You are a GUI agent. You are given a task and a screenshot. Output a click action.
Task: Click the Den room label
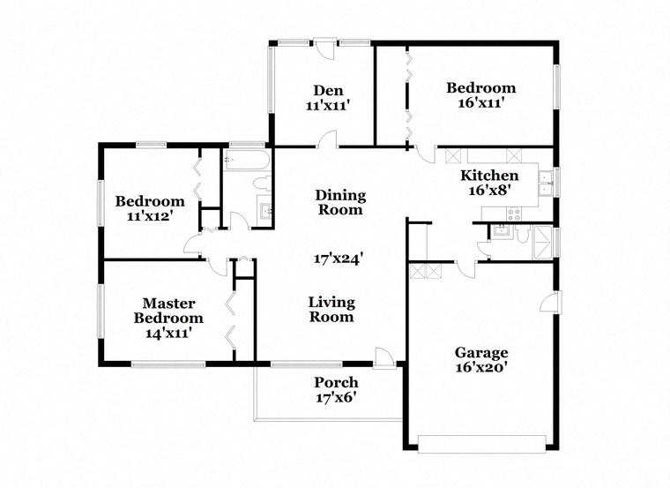pos(328,89)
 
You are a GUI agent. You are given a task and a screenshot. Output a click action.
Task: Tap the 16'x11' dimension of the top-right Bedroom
pos(480,102)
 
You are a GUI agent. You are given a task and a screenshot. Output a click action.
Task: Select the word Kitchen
pos(489,175)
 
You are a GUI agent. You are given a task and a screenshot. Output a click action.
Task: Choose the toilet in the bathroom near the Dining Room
pos(260,184)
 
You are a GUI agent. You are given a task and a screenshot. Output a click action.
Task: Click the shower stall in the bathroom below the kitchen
pos(543,239)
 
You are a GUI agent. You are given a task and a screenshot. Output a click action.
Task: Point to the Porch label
pos(336,382)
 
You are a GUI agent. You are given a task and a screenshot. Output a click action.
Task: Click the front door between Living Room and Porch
pos(384,357)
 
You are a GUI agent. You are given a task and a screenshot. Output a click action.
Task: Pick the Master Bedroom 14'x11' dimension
pos(168,333)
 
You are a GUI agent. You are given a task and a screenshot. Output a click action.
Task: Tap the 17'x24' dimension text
pos(339,259)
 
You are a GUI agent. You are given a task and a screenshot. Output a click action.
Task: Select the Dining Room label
pos(340,202)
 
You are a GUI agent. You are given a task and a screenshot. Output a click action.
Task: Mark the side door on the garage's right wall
pos(550,303)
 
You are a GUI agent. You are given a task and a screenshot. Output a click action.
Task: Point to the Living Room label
pos(331,309)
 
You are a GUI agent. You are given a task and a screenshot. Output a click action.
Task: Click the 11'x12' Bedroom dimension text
pos(150,215)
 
